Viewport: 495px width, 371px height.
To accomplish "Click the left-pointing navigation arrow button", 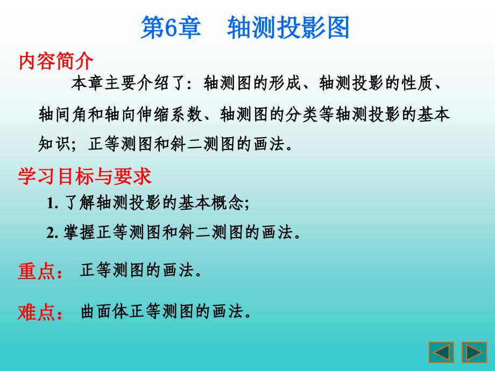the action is point(441,352).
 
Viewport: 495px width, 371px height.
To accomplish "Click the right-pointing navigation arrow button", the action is point(474,352).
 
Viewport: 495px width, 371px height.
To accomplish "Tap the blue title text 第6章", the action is point(171,27).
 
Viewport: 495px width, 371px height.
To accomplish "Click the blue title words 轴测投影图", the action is point(288,27).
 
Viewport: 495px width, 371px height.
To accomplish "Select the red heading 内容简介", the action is point(56,61).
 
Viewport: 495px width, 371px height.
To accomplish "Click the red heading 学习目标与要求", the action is point(84,176).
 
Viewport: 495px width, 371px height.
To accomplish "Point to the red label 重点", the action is point(37,272).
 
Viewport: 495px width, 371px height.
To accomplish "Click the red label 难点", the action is point(37,312).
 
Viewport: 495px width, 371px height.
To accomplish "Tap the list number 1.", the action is point(52,203).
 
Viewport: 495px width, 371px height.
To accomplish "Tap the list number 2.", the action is point(52,233).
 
